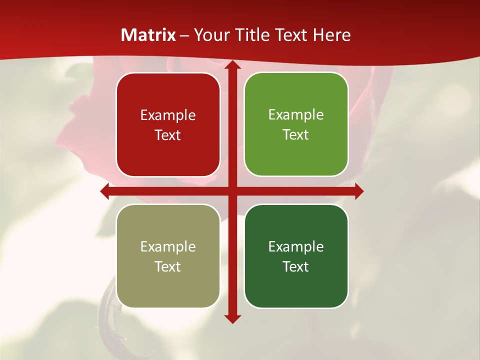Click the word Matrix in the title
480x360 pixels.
coord(148,35)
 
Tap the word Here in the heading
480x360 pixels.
coord(332,35)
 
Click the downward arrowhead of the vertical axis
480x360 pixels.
coord(232,318)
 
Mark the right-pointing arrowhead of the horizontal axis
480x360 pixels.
coord(359,191)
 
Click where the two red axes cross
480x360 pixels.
coord(232,191)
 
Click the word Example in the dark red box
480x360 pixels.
coord(168,115)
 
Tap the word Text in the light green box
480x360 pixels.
coord(296,135)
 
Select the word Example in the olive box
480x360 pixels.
coord(168,247)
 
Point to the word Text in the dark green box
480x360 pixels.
coord(296,266)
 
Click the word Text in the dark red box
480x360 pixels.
coord(168,135)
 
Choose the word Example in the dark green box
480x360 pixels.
coord(296,247)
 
